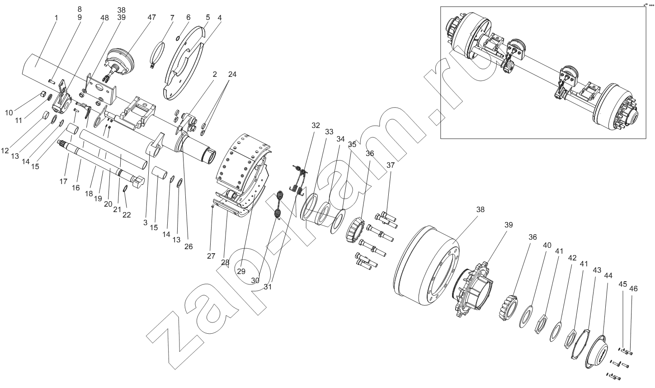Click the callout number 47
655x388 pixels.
tap(151, 17)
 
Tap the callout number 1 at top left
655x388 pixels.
tap(56, 18)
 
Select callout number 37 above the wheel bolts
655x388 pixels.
tap(391, 165)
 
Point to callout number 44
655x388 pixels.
tap(608, 275)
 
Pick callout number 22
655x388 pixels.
tap(127, 215)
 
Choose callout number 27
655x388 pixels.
tap(211, 256)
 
